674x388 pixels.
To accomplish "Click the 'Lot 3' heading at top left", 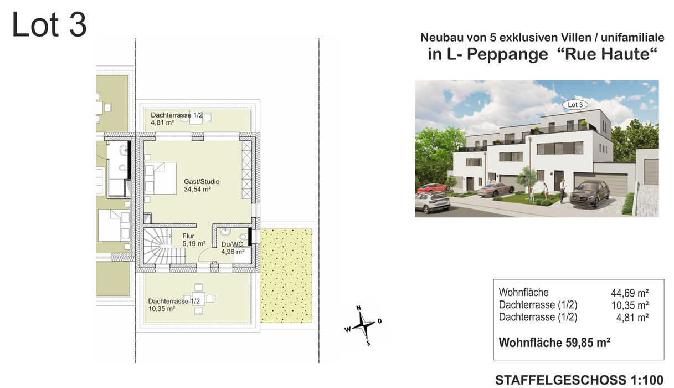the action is click(49, 24).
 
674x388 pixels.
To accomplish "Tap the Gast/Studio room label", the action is click(202, 182).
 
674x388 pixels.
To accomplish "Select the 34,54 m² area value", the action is click(197, 190).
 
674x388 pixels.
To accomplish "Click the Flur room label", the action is click(188, 236).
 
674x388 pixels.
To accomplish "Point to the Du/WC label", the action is click(232, 244).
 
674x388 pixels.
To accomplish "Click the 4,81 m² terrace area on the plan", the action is click(162, 122).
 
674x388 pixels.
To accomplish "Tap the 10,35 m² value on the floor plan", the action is click(162, 309).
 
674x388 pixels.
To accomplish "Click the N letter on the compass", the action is click(358, 308).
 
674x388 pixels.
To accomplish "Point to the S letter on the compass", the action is click(368, 344).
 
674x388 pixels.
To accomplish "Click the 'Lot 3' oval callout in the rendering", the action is click(575, 105).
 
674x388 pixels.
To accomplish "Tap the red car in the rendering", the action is click(433, 188).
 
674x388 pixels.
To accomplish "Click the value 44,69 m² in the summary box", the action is click(630, 293).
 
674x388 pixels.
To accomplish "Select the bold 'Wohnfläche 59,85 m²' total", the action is click(554, 343).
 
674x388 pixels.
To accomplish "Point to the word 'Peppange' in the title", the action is click(507, 55).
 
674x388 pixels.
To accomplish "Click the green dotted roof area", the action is click(286, 276).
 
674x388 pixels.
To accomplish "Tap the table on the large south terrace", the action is click(199, 299).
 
